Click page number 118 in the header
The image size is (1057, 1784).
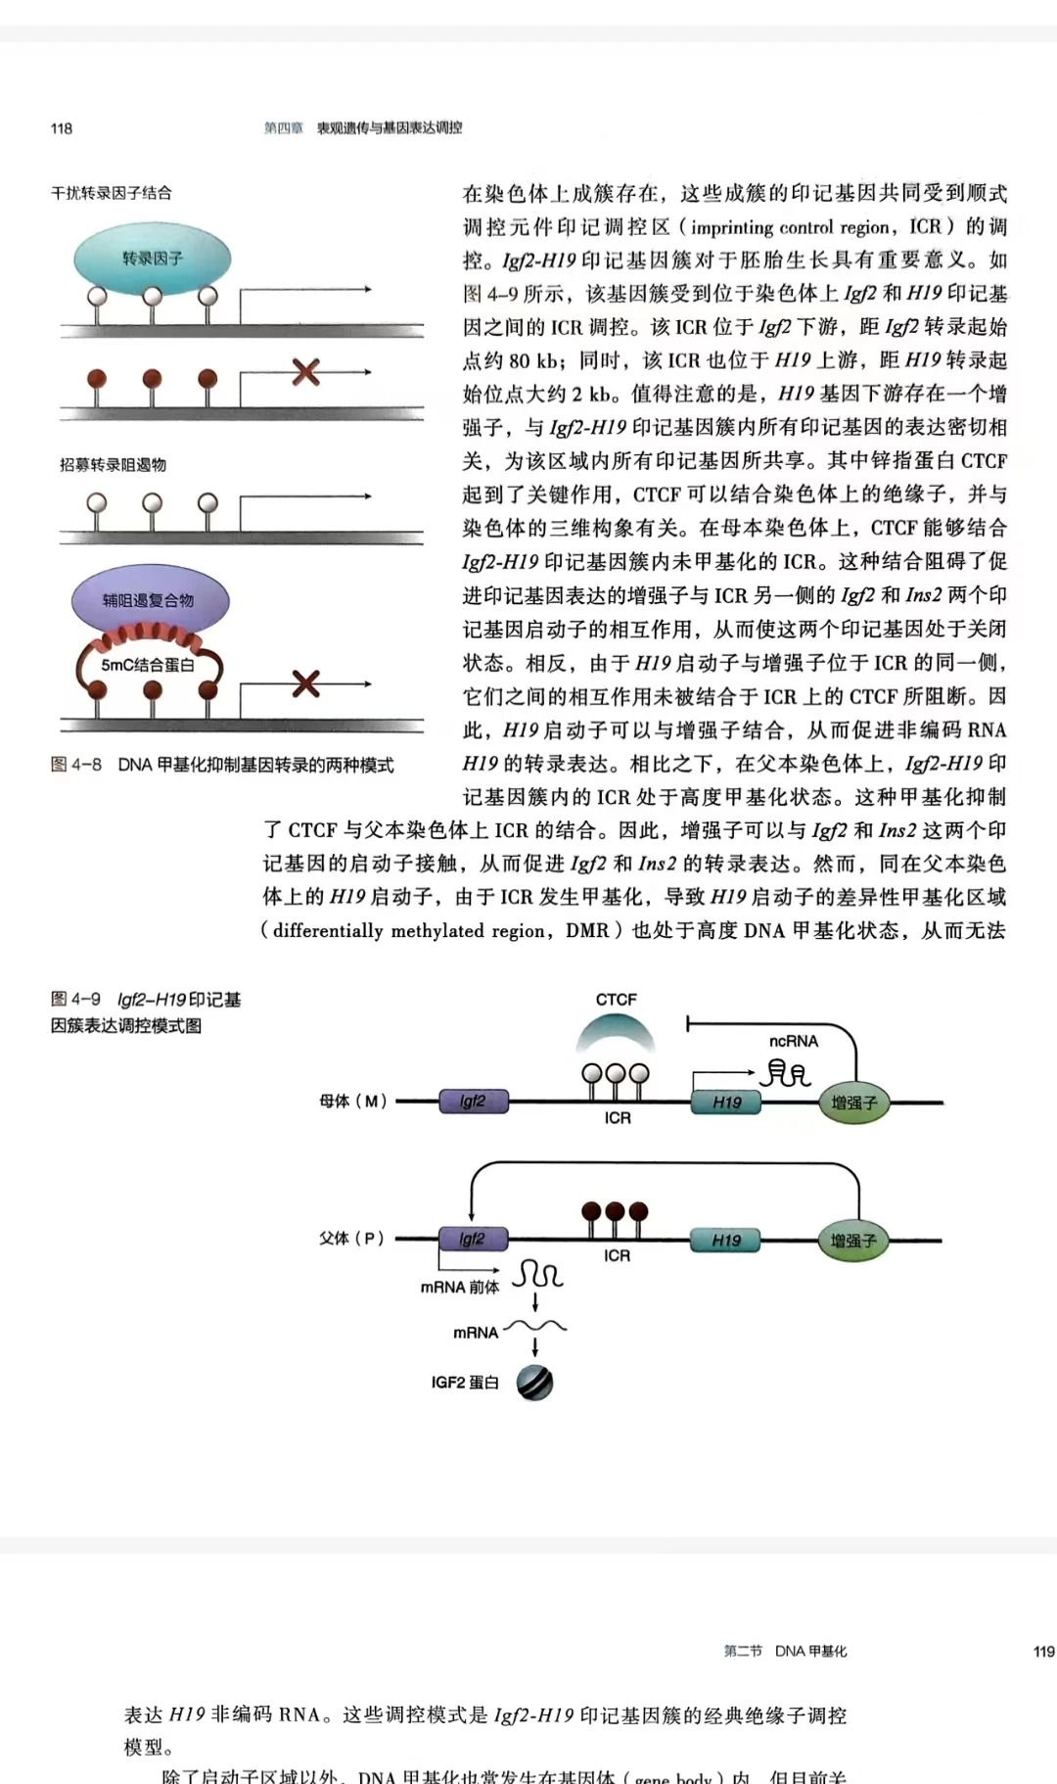61,128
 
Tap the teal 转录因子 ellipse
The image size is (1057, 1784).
153,258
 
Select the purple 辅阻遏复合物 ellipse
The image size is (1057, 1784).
149,600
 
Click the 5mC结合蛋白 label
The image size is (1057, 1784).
148,665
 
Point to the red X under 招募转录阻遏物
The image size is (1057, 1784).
306,683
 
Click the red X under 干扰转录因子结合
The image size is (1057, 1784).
306,372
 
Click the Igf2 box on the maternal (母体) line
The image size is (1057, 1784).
473,1102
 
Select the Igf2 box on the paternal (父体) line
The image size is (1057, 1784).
473,1240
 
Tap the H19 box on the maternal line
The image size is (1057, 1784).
727,1103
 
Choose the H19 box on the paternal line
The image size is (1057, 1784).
726,1241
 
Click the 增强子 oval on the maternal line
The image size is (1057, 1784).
853,1103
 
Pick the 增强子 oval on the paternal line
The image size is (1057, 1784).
853,1241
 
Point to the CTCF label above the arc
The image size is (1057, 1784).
616,1000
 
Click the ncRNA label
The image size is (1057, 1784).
793,1041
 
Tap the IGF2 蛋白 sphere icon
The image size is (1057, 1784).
535,1382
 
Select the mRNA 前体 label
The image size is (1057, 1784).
459,1288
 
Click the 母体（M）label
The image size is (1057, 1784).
353,1102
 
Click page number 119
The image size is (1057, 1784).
1043,1652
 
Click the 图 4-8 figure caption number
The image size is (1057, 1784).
76,765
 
